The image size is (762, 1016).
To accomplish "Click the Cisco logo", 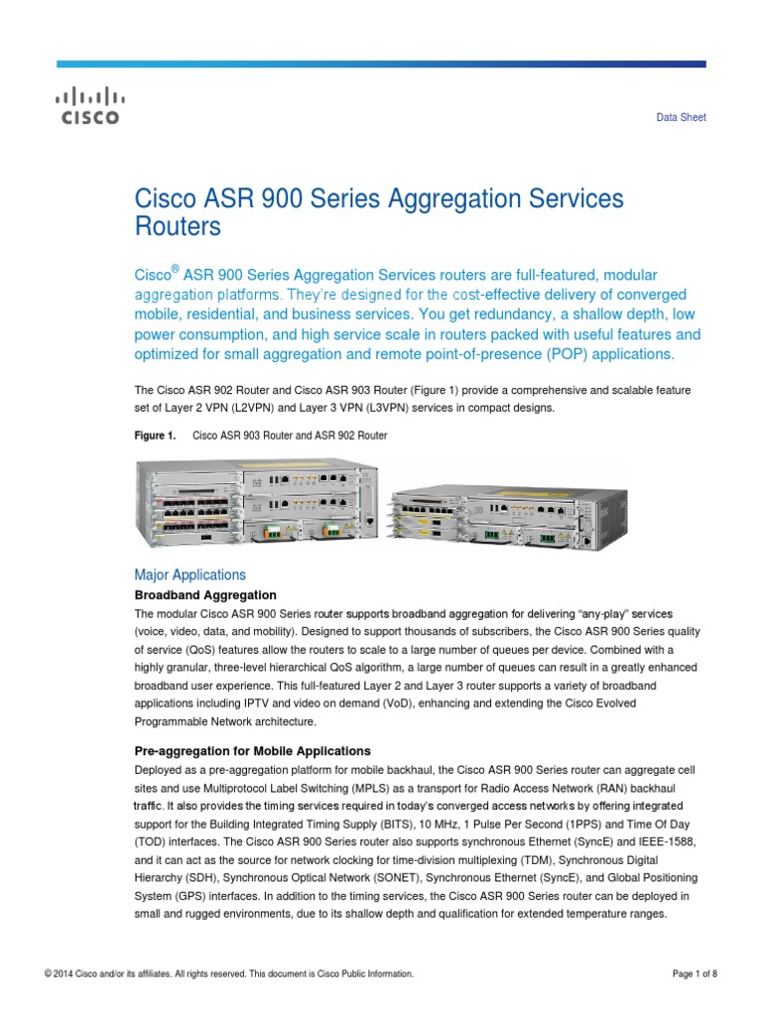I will [86, 107].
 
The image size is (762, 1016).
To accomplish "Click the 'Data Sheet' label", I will [682, 117].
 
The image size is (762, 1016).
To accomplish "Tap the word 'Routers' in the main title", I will [177, 226].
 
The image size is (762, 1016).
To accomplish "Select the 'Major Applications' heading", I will [190, 574].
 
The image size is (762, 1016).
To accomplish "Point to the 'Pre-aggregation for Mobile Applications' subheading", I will [252, 750].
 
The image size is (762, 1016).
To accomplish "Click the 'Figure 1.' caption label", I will [155, 436].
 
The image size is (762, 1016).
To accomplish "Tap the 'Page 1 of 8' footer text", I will [695, 974].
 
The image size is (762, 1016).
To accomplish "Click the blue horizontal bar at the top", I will [381, 64].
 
